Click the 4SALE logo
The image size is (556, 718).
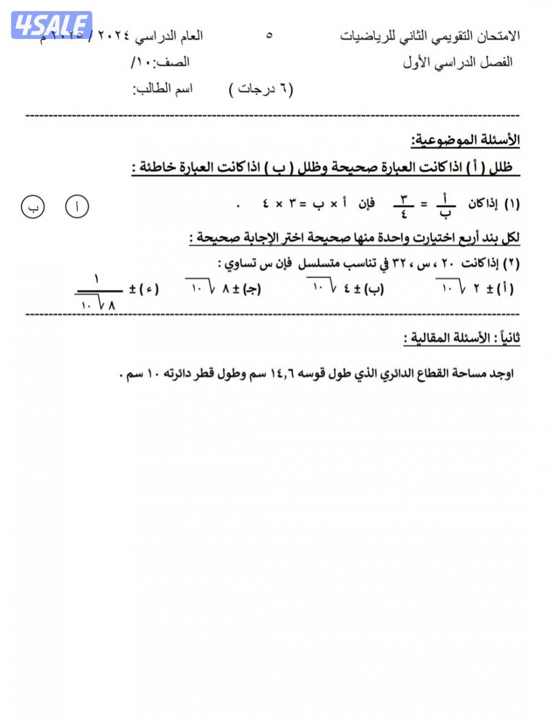coord(52,25)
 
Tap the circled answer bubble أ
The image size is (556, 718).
coord(77,207)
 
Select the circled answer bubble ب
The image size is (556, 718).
coord(33,207)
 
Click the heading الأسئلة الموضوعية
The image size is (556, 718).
coord(465,140)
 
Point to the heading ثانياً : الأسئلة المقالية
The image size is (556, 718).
coord(461,338)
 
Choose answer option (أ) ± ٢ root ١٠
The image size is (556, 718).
coord(477,288)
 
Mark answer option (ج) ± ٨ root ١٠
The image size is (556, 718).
coord(224,288)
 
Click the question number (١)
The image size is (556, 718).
coord(512,204)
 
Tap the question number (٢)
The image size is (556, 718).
coord(512,264)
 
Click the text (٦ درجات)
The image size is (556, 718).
coord(261,89)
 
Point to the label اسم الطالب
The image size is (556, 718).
coord(162,89)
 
